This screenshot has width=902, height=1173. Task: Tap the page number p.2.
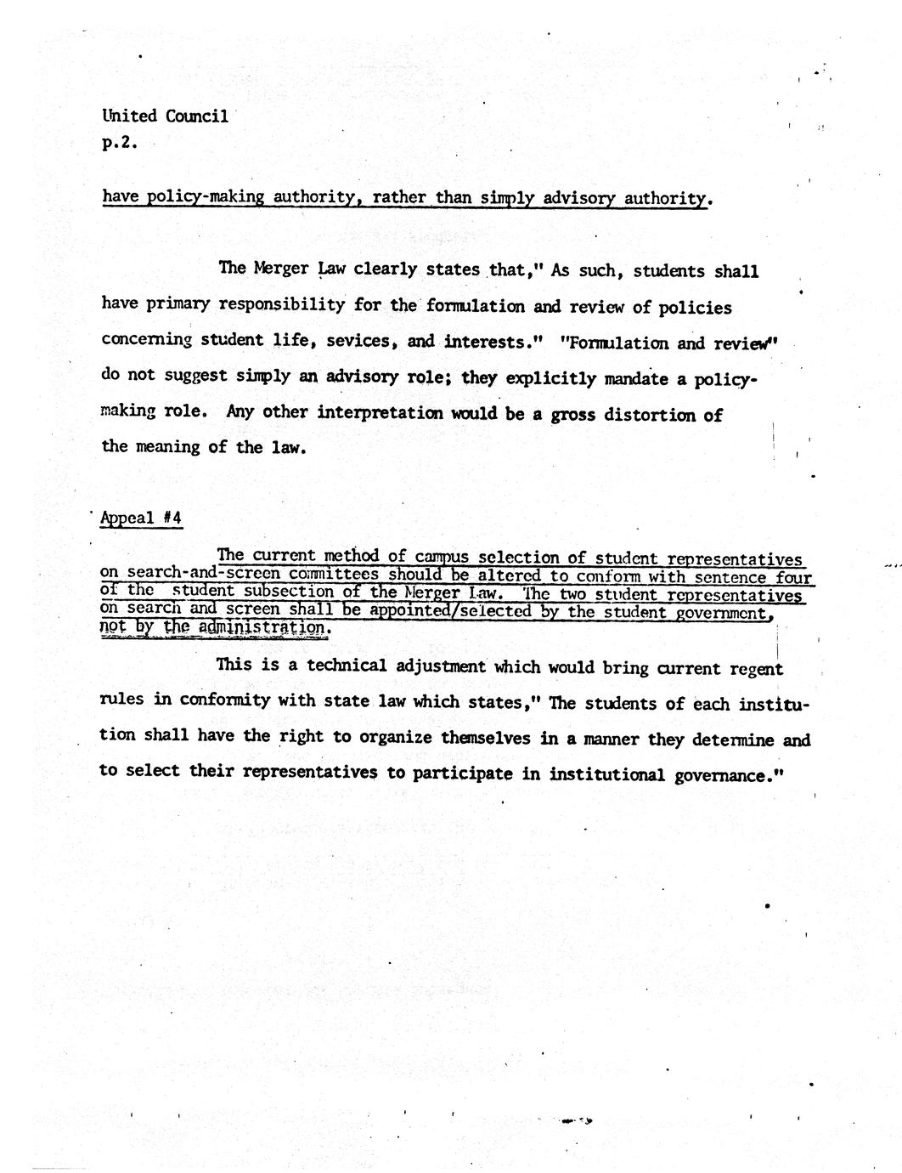(119, 143)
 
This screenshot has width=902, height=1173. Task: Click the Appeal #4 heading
(141, 518)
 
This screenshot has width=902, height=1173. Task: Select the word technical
(347, 666)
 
